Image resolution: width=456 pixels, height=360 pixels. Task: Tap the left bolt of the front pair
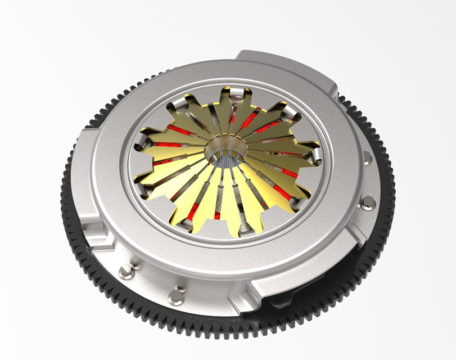[127, 273]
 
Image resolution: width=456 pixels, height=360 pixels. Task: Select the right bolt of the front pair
[177, 297]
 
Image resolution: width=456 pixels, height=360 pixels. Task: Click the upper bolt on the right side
[367, 159]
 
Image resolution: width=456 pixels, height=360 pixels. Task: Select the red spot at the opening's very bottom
[217, 215]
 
